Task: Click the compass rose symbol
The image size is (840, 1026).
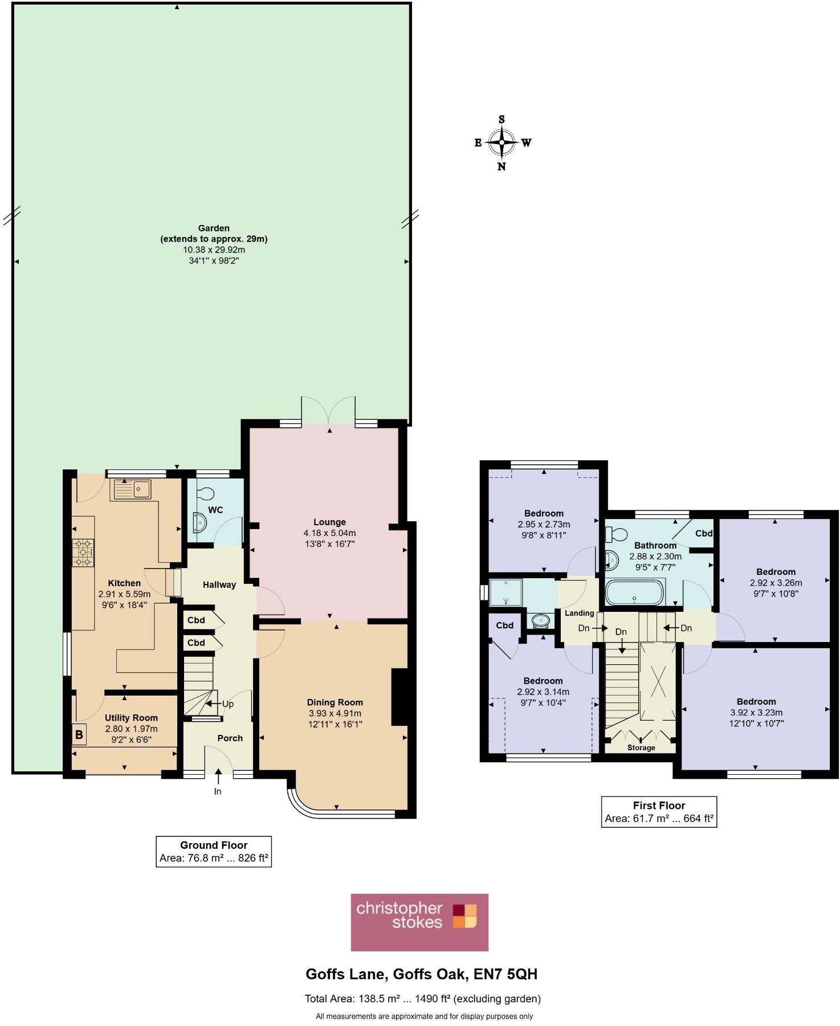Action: click(x=501, y=142)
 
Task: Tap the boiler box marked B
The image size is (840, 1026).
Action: click(x=79, y=734)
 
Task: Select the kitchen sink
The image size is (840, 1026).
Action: click(x=133, y=489)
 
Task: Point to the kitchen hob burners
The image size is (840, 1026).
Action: click(x=83, y=553)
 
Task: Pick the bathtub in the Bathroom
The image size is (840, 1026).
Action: click(x=635, y=592)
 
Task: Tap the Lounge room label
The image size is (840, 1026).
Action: click(x=329, y=522)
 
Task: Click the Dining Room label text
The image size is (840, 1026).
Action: click(x=335, y=702)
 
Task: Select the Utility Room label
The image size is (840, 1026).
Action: click(x=131, y=718)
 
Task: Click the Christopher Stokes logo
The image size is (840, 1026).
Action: click(x=419, y=922)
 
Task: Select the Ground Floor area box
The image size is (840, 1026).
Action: click(x=214, y=852)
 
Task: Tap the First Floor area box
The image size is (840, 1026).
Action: click(x=659, y=812)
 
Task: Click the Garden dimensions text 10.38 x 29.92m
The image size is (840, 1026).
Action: click(x=214, y=250)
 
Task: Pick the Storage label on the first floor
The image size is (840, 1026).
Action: click(x=641, y=747)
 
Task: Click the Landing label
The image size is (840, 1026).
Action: click(x=580, y=613)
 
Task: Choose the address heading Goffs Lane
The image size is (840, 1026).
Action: click(x=421, y=974)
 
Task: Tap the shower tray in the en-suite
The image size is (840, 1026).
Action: click(x=506, y=592)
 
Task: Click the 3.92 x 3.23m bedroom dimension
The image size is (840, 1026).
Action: click(x=756, y=713)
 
